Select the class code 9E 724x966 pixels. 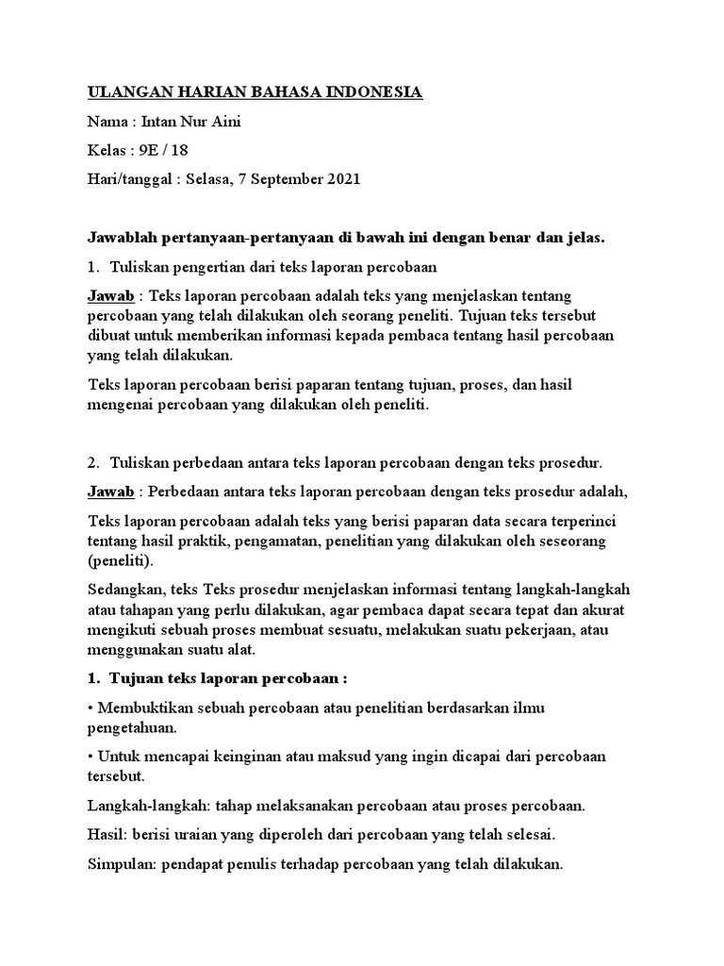coord(146,150)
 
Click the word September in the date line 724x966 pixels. coord(280,179)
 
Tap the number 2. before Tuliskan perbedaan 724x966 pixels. coord(93,462)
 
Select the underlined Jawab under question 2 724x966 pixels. coord(110,491)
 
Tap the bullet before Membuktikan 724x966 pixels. coord(90,708)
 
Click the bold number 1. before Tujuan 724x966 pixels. coord(93,678)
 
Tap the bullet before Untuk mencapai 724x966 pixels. coord(90,757)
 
